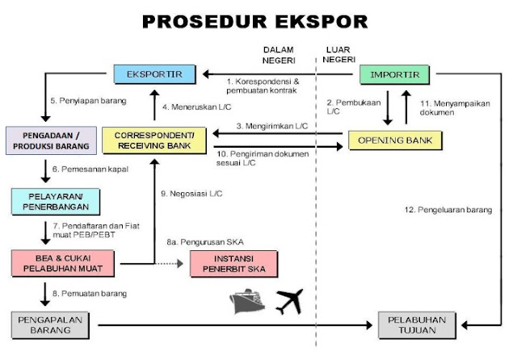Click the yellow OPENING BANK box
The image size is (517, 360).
[395, 141]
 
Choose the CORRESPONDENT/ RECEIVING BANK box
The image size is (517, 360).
[154, 139]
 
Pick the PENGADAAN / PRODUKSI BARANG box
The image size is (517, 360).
[45, 140]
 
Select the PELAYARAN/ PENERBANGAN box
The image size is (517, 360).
[45, 200]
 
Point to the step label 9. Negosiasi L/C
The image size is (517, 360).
[191, 194]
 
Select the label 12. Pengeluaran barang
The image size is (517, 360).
[448, 210]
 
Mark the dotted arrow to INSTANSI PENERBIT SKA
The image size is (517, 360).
[170, 262]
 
